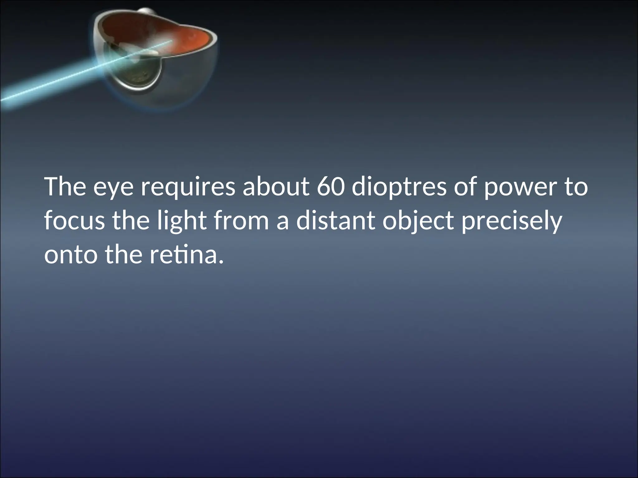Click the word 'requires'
pos(188,188)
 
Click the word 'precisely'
pos(512,222)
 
